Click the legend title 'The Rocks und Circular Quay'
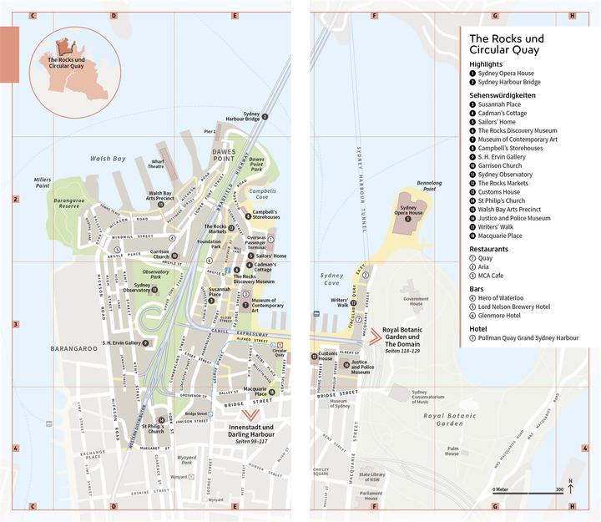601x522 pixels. click(x=506, y=44)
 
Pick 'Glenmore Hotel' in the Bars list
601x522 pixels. click(x=501, y=316)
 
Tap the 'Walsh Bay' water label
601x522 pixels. click(x=108, y=158)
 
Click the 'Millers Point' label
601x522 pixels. click(x=43, y=183)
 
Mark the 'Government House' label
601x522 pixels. click(x=416, y=302)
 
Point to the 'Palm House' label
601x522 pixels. click(x=452, y=450)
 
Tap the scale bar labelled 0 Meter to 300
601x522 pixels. click(x=527, y=493)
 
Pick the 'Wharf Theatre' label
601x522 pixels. click(x=156, y=164)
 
